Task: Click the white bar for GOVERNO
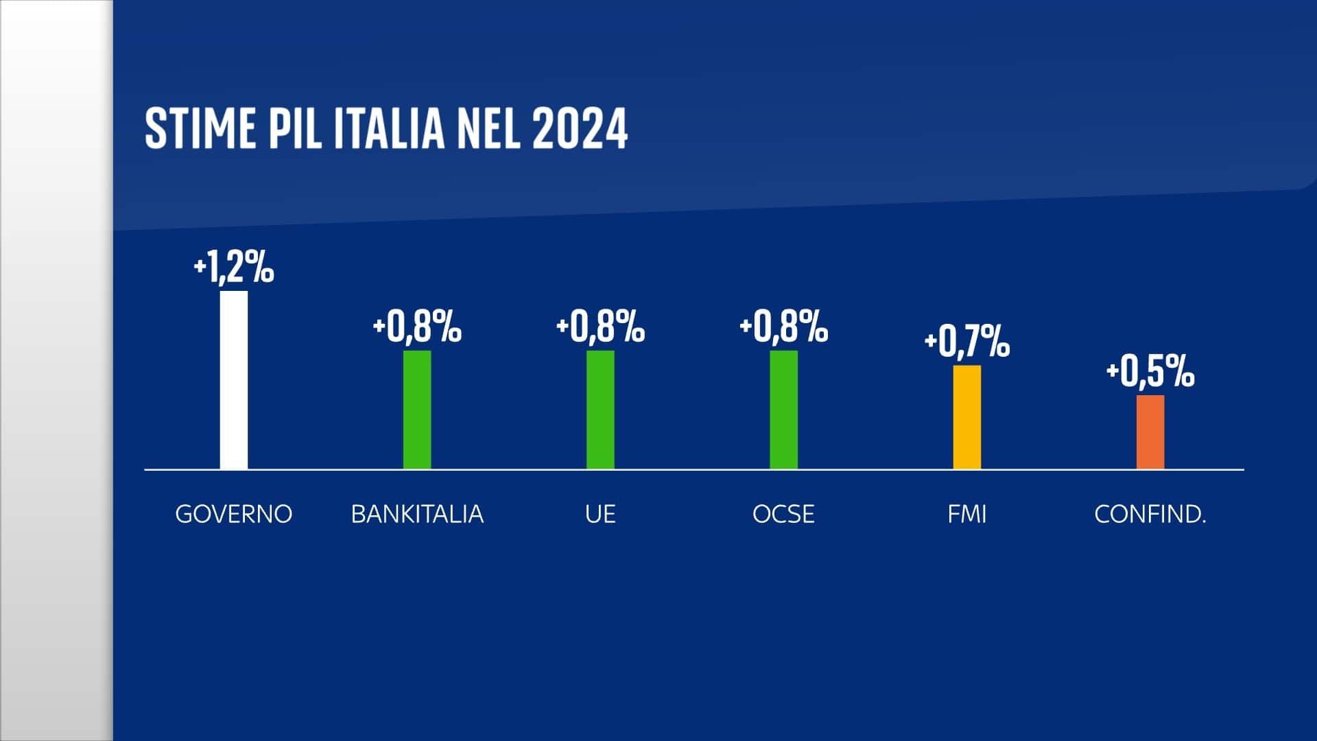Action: pos(234,380)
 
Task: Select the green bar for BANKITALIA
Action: pos(417,410)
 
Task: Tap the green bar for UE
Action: pos(600,410)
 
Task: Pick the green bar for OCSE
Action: pos(783,410)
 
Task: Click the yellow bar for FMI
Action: pos(967,417)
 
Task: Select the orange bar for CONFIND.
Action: pos(1150,432)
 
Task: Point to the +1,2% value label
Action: pos(234,267)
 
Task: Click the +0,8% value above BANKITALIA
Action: pos(417,327)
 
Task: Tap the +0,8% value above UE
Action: pos(600,327)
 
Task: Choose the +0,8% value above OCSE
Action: pos(783,327)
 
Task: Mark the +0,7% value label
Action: pos(967,341)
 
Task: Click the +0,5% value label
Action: pos(1150,372)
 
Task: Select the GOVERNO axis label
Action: pos(234,514)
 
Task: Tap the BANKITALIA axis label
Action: pos(417,514)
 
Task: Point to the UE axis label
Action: pos(600,514)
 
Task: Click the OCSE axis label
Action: pos(783,514)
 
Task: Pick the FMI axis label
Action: pos(967,514)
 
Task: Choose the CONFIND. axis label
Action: pos(1150,514)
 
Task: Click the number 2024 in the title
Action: pos(580,128)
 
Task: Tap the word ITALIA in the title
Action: pos(389,128)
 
